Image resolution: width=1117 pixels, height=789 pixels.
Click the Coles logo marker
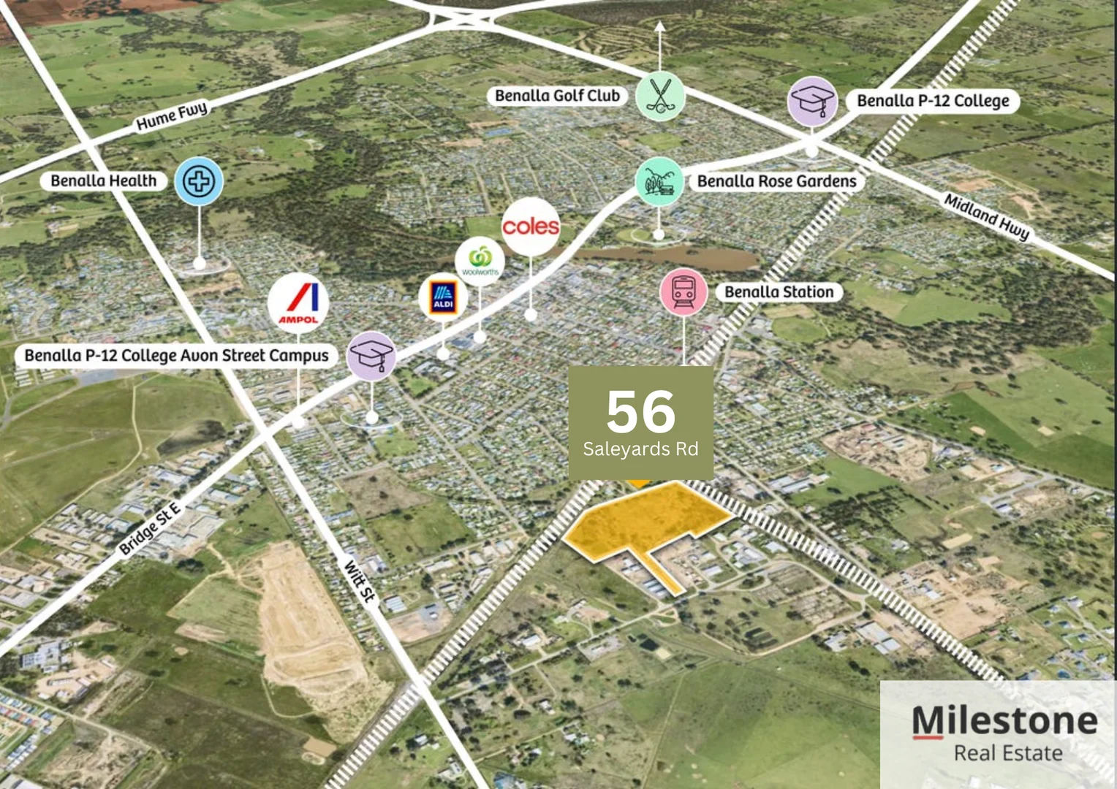531,226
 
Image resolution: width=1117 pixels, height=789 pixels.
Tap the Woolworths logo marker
480,262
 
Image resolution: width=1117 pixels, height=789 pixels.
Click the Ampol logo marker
298,302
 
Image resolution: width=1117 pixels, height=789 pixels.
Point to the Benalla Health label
103,181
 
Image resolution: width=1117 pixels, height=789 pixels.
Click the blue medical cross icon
199,180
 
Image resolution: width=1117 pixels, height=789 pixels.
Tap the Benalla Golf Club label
557,96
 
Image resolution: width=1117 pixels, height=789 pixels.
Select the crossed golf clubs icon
660,96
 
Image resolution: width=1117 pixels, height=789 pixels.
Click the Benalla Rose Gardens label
776,181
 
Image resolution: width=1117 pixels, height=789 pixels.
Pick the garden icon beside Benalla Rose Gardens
659,182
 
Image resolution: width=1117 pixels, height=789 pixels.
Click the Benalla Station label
779,292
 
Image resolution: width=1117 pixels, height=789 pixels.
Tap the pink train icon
684,291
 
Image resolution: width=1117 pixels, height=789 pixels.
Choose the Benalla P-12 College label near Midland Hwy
933,101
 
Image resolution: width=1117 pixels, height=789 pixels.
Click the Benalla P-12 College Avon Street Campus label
176,356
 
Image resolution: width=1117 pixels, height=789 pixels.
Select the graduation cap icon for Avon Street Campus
371,356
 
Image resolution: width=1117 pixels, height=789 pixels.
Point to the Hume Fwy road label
173,116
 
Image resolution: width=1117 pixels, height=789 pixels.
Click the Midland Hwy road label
986,216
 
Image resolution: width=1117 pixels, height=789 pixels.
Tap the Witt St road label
360,581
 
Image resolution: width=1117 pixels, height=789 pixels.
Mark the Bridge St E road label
150,528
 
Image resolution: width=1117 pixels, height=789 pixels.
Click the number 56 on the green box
640,411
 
